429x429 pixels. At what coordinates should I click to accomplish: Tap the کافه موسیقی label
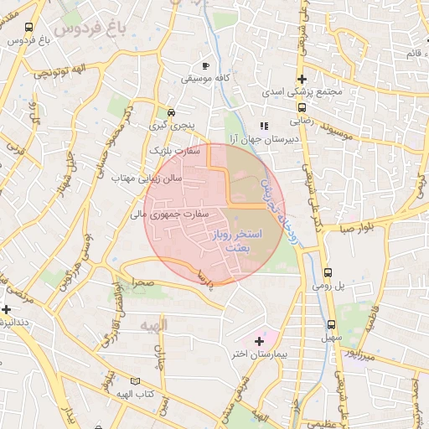206,80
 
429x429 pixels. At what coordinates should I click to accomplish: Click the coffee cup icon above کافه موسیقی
207,65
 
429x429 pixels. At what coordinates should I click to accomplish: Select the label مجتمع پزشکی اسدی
301,94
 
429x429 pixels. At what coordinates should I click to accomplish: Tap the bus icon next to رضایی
301,107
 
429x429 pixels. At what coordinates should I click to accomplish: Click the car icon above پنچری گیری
172,112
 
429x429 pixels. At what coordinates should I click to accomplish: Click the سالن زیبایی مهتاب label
157,178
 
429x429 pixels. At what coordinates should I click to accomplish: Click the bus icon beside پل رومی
328,272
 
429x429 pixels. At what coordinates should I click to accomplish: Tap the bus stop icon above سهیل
332,324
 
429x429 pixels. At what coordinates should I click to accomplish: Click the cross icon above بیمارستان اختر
259,340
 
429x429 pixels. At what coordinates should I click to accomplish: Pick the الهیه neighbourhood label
154,324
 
